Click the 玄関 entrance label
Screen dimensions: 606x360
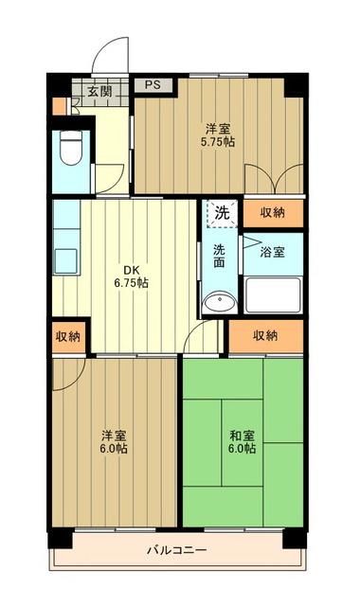pyautogui.click(x=99, y=92)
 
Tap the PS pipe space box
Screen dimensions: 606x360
pyautogui.click(x=152, y=84)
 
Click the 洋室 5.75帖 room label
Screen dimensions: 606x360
pyautogui.click(x=218, y=134)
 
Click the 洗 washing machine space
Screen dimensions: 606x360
pyautogui.click(x=220, y=213)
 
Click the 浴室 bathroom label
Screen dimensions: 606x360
pyautogui.click(x=276, y=254)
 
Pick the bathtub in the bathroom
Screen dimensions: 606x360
pyautogui.click(x=273, y=294)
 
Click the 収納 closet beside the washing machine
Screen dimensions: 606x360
pyautogui.click(x=272, y=213)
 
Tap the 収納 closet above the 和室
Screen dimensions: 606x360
pyautogui.click(x=266, y=335)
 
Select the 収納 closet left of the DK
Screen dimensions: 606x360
pyautogui.click(x=67, y=336)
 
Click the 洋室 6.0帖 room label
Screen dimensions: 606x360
pyautogui.click(x=116, y=442)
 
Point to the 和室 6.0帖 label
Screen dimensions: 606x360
pyautogui.click(x=242, y=442)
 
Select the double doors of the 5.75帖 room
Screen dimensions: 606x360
pyautogui.click(x=274, y=179)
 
